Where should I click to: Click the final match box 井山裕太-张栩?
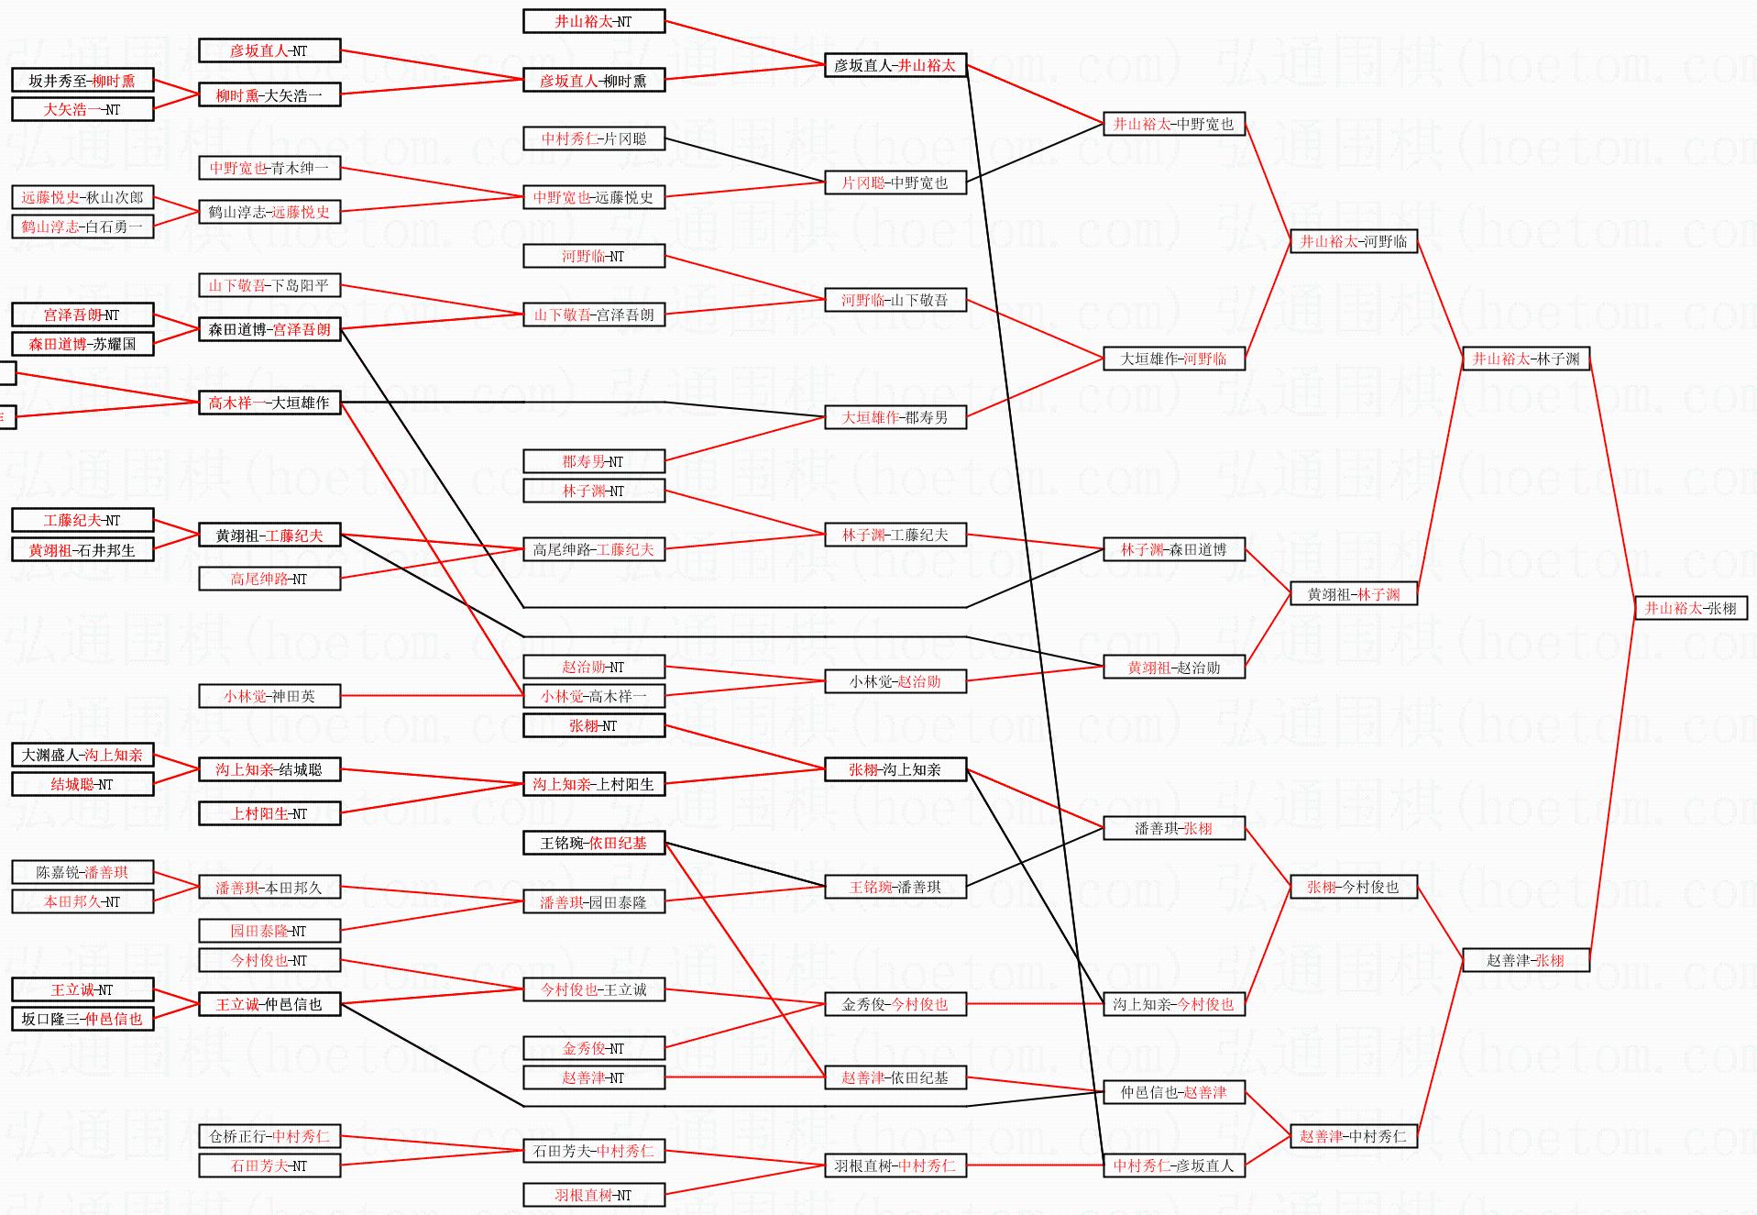click(1690, 608)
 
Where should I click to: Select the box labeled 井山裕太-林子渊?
click(1525, 359)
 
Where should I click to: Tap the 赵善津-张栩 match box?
click(1525, 960)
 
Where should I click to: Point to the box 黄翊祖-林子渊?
click(1353, 594)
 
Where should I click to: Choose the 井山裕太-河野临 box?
click(1353, 241)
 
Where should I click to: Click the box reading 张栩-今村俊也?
click(1353, 887)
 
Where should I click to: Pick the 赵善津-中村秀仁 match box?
click(1353, 1136)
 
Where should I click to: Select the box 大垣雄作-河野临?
click(1173, 359)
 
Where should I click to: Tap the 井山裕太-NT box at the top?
click(593, 21)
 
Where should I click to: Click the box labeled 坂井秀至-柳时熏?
click(82, 81)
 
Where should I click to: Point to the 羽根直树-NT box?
click(593, 1195)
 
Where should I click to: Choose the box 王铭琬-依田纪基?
click(593, 843)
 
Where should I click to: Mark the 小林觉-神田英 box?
click(269, 696)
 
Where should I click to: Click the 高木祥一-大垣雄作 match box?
click(269, 403)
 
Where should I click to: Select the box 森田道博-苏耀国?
click(82, 344)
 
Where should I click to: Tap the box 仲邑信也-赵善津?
click(1173, 1092)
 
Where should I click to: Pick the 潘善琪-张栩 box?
click(1173, 828)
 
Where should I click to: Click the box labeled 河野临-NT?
click(593, 256)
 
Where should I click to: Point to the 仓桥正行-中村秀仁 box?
click(269, 1136)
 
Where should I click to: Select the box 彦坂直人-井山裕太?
click(895, 65)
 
